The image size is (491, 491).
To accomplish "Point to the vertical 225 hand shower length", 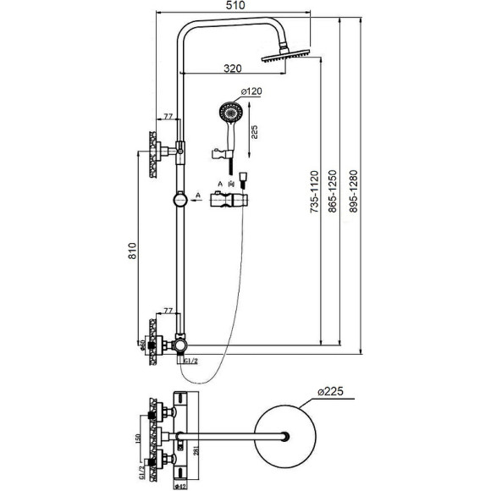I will coord(255,131).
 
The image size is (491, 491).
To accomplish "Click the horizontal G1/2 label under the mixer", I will coord(190,362).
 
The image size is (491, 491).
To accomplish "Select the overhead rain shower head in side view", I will coord(286,55).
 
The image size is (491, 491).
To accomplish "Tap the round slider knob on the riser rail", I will coord(179,201).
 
